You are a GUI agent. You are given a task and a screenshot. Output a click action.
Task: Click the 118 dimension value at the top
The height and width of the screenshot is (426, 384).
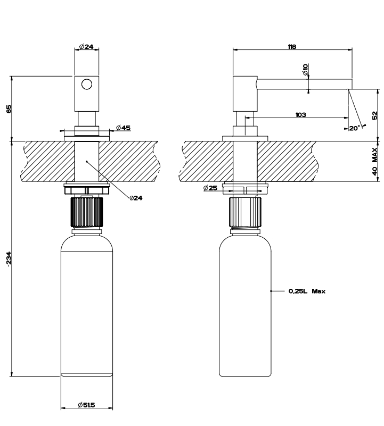point(292,47)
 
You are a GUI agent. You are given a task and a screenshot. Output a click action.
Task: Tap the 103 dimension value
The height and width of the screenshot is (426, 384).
point(300,115)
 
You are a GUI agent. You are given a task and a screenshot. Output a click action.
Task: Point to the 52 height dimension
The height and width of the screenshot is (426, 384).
point(375,115)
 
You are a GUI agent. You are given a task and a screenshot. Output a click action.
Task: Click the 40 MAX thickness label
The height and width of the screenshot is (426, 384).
point(375,162)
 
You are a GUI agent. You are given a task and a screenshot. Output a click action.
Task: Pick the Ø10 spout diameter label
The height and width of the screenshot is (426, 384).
point(305,70)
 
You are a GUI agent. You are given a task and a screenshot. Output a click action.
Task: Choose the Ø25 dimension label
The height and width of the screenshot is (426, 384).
point(210,188)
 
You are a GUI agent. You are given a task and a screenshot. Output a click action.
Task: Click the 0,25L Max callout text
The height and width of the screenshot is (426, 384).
point(307,291)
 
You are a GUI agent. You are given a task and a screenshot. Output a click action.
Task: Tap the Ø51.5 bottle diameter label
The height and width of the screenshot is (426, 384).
point(86,405)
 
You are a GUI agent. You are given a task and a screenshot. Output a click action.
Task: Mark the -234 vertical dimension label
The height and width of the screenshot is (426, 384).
point(9,259)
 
